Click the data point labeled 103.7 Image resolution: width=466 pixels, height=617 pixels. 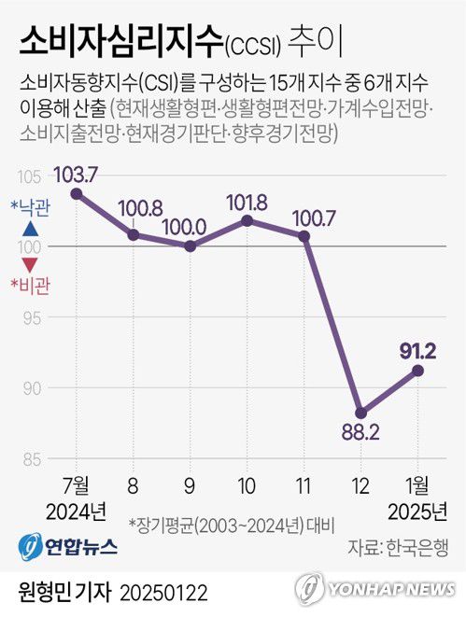click(76, 193)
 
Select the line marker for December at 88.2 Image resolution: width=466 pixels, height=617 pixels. click(361, 413)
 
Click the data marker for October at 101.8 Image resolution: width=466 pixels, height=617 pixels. click(247, 220)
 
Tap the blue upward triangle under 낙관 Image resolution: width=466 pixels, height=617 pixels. click(29, 230)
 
